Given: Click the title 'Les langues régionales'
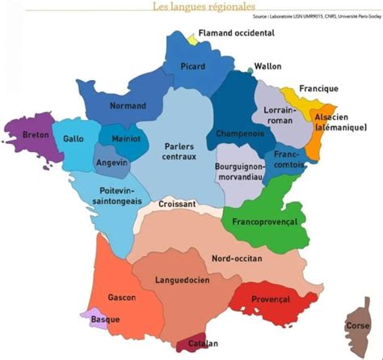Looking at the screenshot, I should click(191, 6).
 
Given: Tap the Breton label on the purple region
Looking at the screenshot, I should click(36, 133).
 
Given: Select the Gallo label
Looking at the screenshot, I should click(74, 138).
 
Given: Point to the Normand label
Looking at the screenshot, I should click(128, 106).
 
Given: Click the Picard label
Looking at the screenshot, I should click(193, 66).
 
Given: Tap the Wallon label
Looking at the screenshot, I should click(268, 66).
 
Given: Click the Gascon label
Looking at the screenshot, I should click(120, 298).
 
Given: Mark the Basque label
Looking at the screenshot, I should click(105, 319).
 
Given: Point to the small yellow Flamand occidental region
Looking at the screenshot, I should click(191, 37).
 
